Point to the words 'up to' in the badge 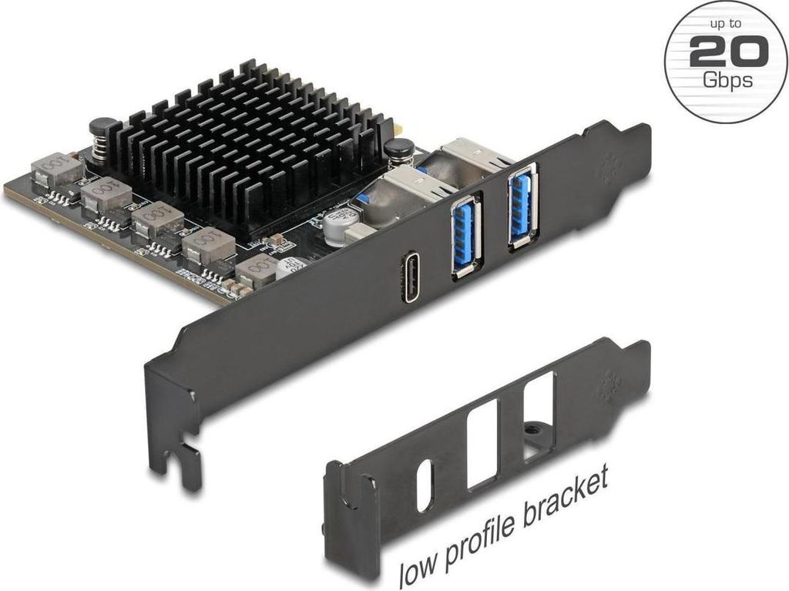click(x=726, y=24)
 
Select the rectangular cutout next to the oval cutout click(x=483, y=444)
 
